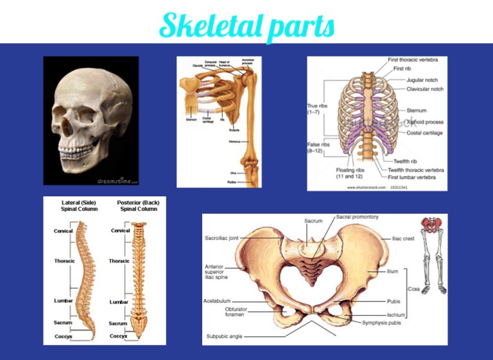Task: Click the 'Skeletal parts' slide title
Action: click(x=247, y=26)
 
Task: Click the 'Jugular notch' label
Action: click(x=422, y=80)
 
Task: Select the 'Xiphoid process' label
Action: click(x=424, y=121)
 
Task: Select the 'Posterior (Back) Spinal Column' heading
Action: click(x=137, y=205)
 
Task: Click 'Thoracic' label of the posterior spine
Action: click(x=119, y=261)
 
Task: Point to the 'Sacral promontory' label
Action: click(x=358, y=217)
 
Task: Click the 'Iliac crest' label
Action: click(x=404, y=238)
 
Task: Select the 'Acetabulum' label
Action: click(x=218, y=300)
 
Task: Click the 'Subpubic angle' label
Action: click(x=224, y=336)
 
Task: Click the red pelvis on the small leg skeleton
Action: click(x=430, y=225)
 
